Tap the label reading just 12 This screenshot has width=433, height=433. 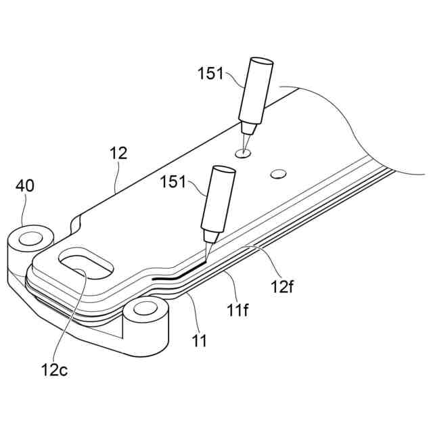pos(118,154)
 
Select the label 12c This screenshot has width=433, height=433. pos(59,370)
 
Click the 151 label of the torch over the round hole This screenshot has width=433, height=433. pos(210,74)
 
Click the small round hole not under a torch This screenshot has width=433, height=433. pos(276,175)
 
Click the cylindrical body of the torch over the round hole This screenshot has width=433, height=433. pos(256,91)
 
